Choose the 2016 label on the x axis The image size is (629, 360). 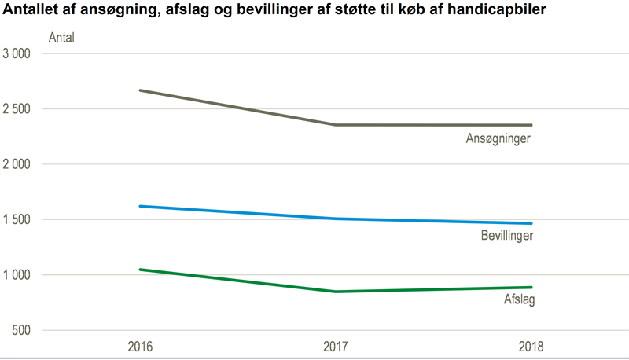click(140, 346)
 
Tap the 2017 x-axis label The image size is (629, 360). click(336, 346)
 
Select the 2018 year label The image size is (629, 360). click(532, 346)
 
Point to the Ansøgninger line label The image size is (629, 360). click(498, 139)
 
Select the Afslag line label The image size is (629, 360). click(519, 299)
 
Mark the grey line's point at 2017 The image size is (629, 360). click(336, 125)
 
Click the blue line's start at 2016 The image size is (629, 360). click(140, 206)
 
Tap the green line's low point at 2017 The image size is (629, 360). click(336, 292)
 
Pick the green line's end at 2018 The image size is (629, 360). click(532, 287)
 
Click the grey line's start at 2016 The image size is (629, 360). click(140, 90)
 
